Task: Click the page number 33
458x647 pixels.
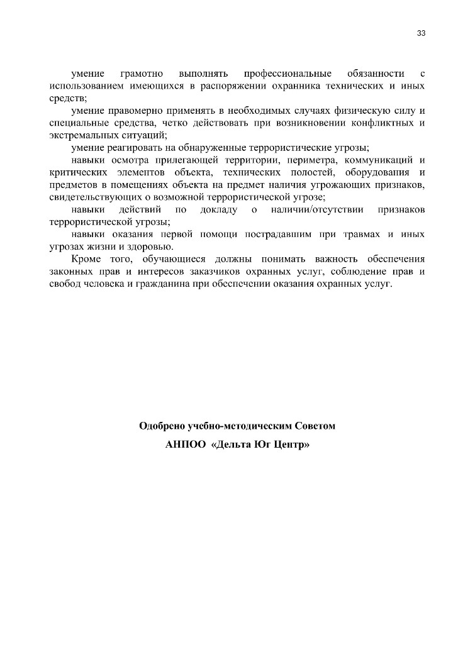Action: [421, 33]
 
